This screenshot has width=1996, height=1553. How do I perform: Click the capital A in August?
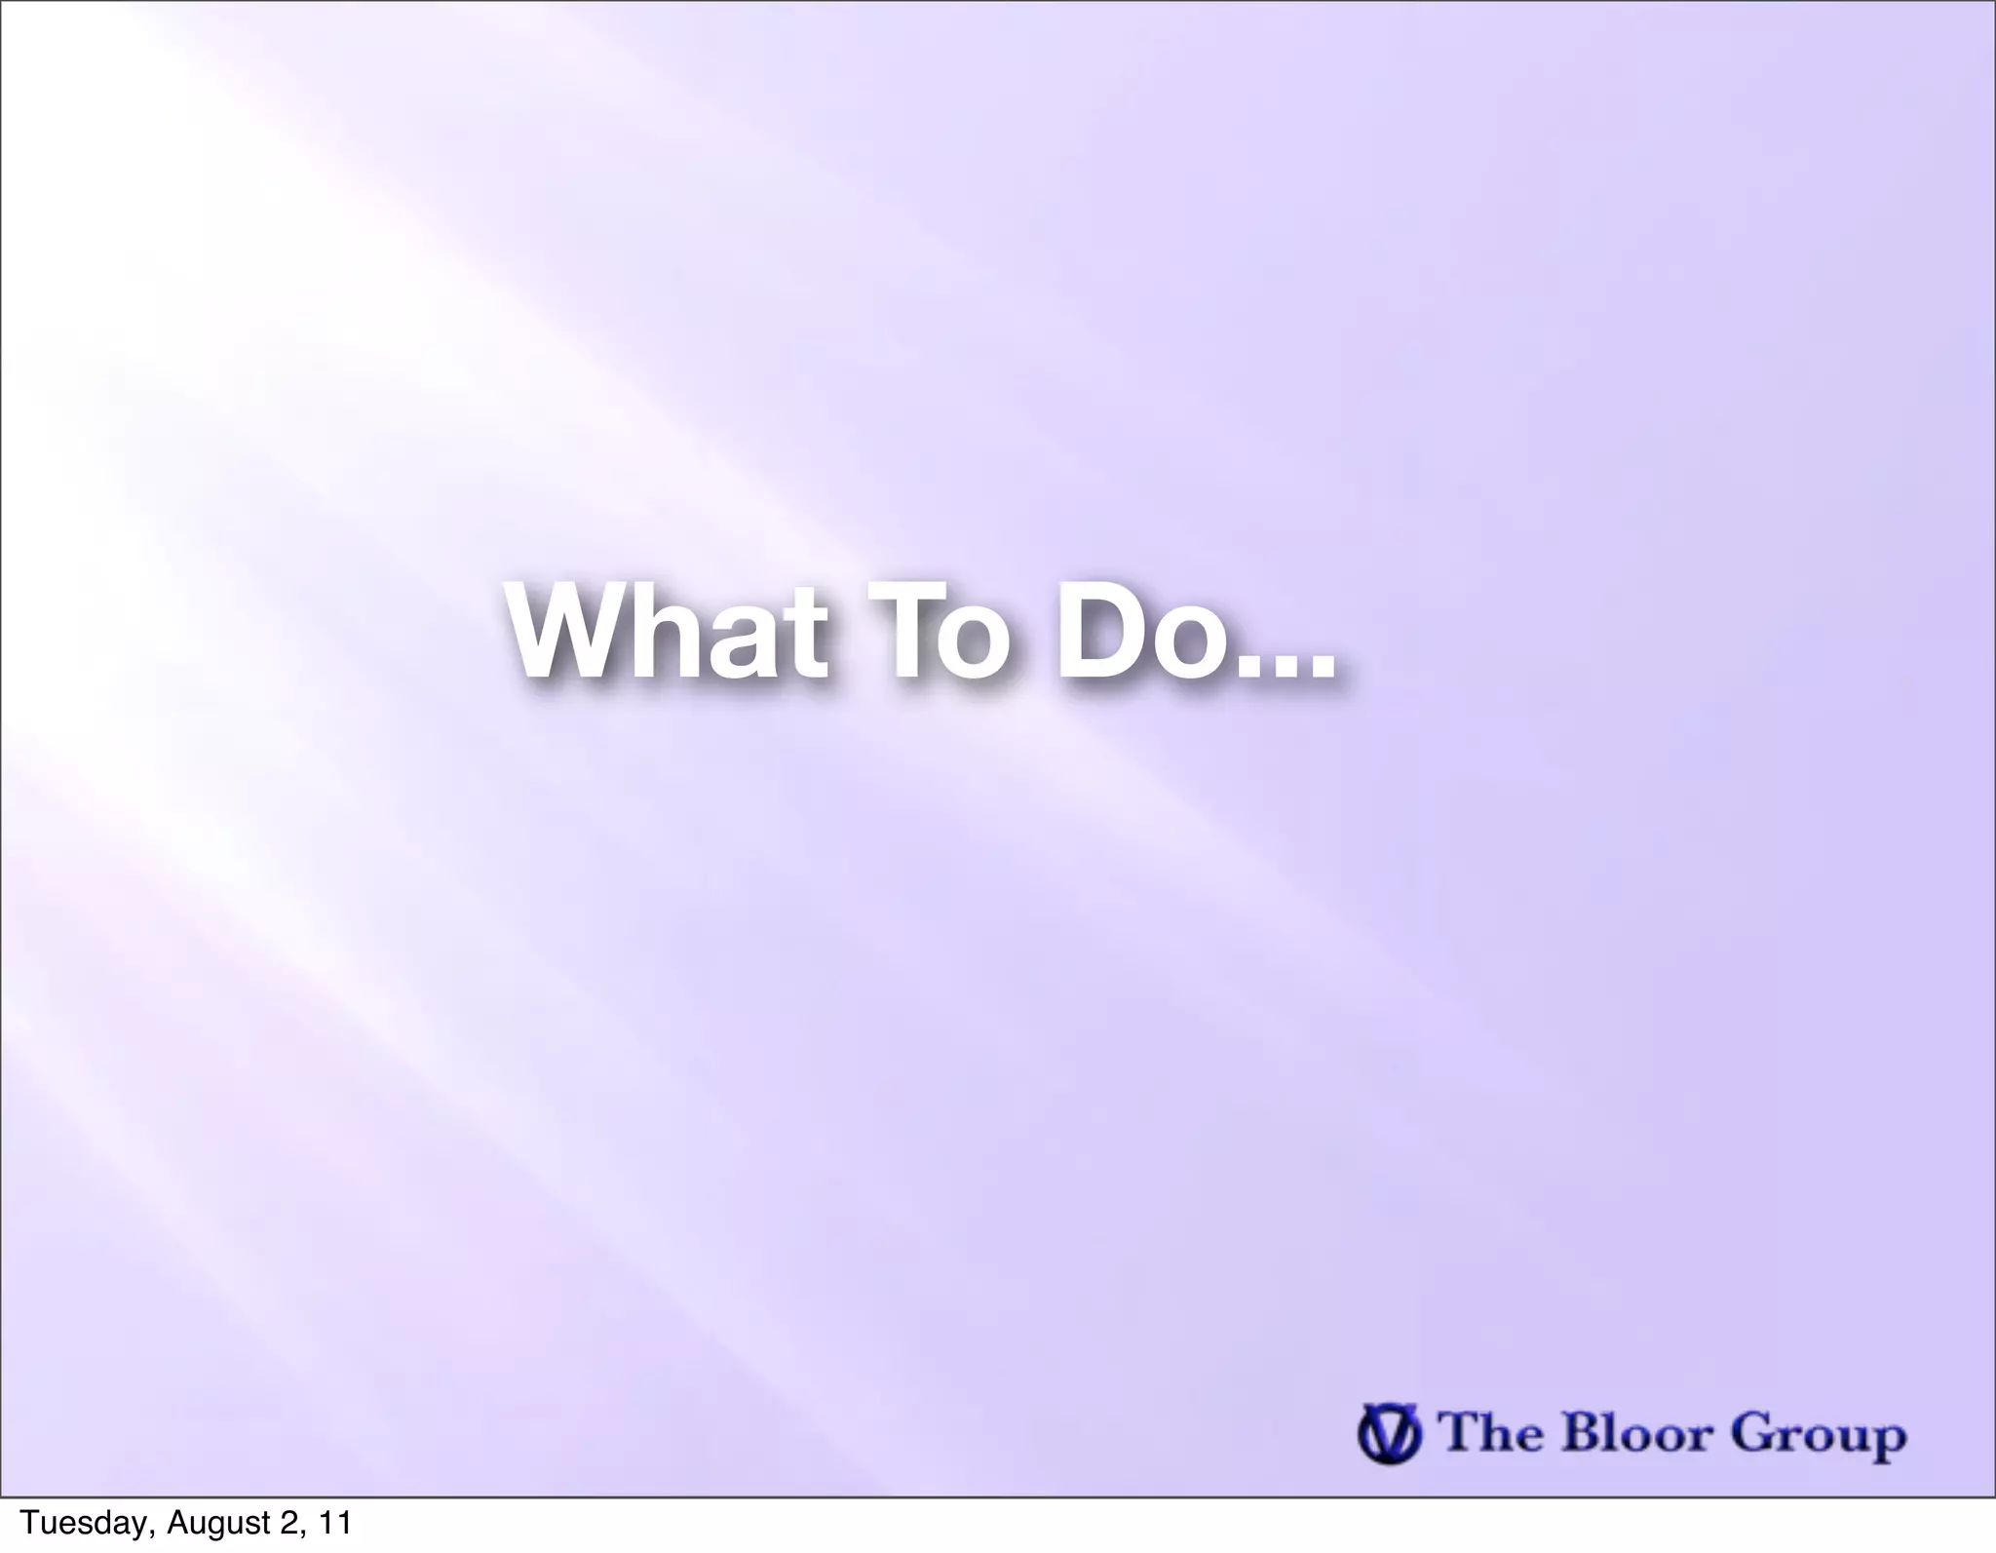[x=176, y=1523]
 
